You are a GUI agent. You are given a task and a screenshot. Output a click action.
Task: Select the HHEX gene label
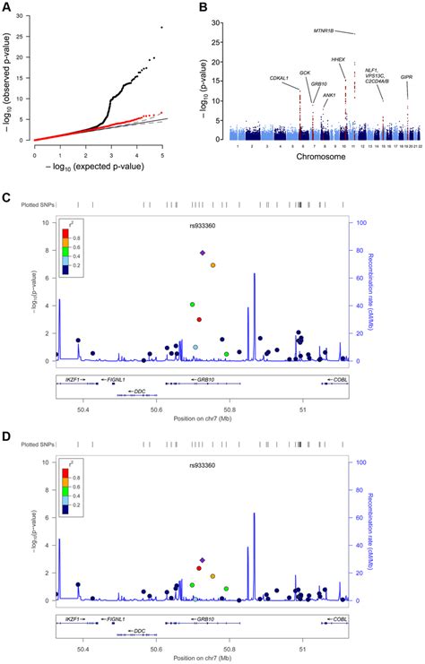click(x=337, y=60)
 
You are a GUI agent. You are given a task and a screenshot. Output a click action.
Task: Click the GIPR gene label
click(x=406, y=78)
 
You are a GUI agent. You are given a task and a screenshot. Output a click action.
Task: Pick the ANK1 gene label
click(x=329, y=94)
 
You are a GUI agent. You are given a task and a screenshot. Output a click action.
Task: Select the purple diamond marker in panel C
click(x=203, y=254)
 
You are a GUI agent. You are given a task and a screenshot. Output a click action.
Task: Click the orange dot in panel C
click(x=212, y=265)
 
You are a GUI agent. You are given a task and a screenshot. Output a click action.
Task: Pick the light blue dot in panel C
click(x=195, y=347)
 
